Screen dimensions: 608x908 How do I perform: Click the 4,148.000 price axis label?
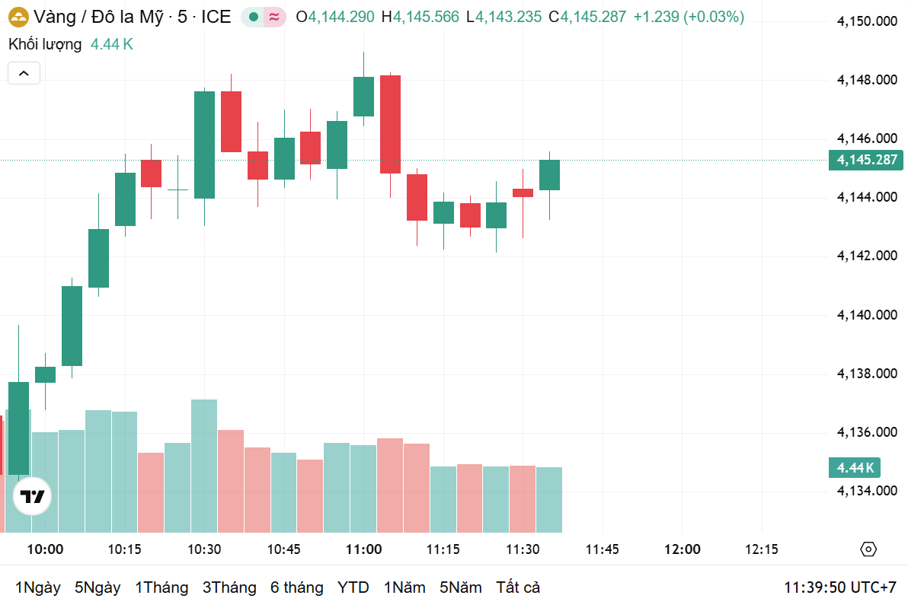click(x=866, y=80)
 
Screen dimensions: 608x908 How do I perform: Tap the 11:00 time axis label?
click(x=363, y=549)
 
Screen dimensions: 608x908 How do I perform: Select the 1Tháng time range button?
click(x=161, y=587)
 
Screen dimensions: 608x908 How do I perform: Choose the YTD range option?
click(x=353, y=587)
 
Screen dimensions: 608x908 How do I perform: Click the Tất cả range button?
click(x=518, y=587)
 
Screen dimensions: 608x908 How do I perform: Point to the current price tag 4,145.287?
click(x=866, y=160)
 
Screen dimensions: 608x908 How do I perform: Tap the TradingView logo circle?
click(x=33, y=497)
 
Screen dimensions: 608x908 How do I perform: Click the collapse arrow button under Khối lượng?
click(x=24, y=73)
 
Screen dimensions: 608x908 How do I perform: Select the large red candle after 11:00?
click(x=390, y=124)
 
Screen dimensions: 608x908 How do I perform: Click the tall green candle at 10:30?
click(x=204, y=145)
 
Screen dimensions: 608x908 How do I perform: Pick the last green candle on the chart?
click(x=549, y=175)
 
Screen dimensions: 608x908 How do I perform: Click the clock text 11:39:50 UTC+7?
click(x=839, y=587)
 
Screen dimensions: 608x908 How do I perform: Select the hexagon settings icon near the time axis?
click(x=868, y=549)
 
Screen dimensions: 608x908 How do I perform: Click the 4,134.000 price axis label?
click(x=866, y=491)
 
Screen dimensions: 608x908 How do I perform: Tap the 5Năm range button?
click(x=460, y=587)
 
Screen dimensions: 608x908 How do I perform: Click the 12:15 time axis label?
click(x=762, y=549)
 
